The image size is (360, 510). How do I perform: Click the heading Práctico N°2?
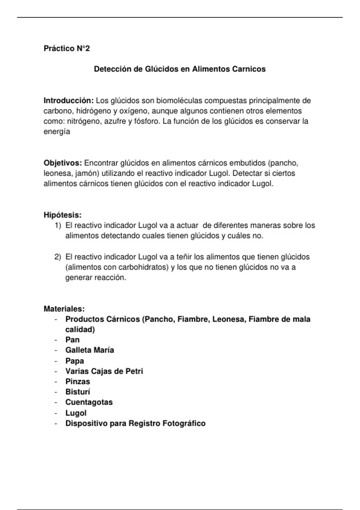(67, 48)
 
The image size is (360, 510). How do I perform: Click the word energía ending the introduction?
(57, 132)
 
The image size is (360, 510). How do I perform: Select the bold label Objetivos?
(63, 163)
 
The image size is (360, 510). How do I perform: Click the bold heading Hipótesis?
(63, 215)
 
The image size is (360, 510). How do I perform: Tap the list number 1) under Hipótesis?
(58, 225)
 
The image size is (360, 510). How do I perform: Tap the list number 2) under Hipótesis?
(58, 257)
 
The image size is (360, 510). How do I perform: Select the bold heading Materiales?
(64, 309)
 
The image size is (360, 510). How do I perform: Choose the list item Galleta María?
(90, 350)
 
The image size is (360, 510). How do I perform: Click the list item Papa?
(75, 361)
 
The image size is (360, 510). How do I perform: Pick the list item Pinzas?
(78, 382)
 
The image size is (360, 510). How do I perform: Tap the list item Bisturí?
(78, 392)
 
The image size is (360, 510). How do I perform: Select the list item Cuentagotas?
(89, 402)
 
